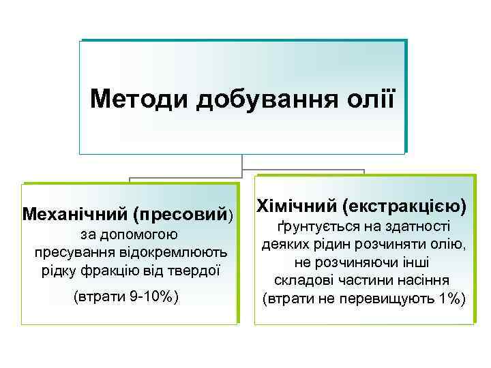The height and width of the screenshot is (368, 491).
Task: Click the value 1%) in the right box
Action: [x=450, y=298]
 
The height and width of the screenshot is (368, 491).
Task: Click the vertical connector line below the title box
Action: [x=242, y=162]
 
